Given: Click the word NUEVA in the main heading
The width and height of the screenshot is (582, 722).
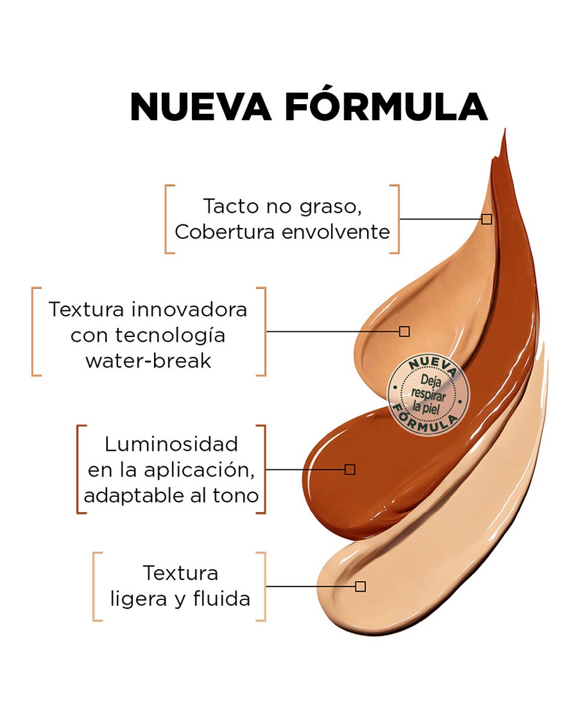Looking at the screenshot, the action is (200, 106).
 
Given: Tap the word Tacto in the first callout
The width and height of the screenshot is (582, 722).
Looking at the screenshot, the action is (231, 206).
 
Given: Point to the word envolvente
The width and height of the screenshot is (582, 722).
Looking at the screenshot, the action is (336, 232).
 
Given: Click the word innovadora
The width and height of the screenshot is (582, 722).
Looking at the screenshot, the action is (190, 309).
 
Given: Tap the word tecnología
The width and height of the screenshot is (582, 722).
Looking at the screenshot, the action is (170, 336).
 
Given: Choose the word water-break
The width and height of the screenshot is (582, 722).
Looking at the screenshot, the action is (148, 361).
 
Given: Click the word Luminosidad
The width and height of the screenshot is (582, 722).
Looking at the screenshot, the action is (171, 444).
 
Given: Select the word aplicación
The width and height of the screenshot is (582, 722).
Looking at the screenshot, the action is (199, 471).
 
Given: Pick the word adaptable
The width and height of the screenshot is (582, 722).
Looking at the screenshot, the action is (134, 496).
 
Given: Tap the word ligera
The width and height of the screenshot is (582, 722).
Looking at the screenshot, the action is (138, 599).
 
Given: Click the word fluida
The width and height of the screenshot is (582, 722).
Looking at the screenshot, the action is (222, 599).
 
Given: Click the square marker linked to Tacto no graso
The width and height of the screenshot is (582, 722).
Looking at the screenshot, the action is (487, 219).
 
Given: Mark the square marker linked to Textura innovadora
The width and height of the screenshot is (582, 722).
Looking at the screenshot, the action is (404, 332).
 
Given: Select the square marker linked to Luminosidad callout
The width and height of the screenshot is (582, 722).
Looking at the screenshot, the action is (350, 470).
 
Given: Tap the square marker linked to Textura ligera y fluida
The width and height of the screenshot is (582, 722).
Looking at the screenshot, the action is (361, 587).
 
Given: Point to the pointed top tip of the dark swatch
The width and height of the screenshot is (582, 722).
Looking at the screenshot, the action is (504, 129).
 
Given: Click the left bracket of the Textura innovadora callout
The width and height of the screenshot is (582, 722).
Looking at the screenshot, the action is (33, 332).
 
